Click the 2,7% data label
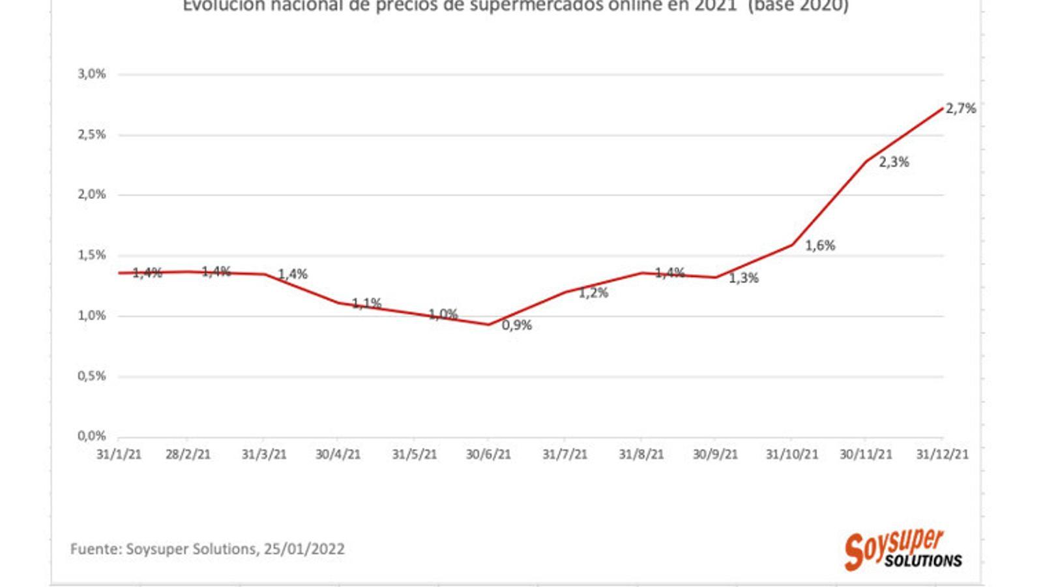pos(960,109)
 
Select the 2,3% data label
pos(894,162)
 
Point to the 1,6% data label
pos(820,246)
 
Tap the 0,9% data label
pos(517,325)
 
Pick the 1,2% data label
pos(593,293)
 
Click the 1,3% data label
pos(744,278)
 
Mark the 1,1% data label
pos(367,303)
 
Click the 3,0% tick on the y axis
pos(92,74)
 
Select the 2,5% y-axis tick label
pos(92,135)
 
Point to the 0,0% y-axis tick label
pos(92,436)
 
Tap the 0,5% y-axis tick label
pos(92,376)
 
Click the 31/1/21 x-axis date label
pos(119,455)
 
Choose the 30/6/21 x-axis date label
pos(488,455)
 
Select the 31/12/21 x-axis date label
pos(942,455)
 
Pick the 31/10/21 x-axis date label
pos(791,455)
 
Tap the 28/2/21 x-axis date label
pos(188,455)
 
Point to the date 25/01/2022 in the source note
pos(304,549)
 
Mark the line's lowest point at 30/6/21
pos(488,324)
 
